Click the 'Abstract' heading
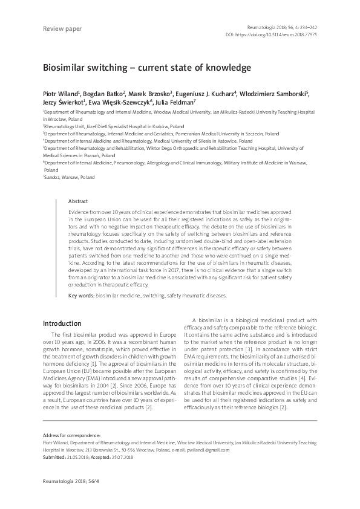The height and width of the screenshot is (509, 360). (x=78, y=201)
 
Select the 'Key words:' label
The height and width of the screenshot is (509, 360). (x=82, y=296)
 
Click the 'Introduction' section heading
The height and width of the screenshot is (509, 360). (x=64, y=323)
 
